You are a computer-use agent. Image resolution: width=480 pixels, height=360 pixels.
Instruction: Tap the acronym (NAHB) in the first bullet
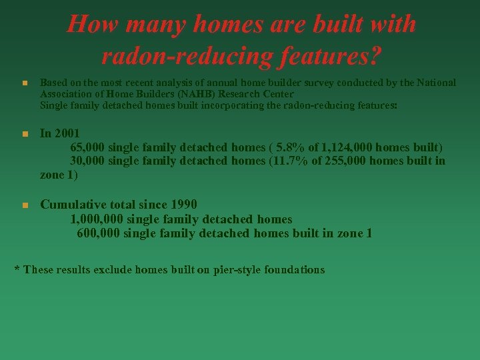coord(174,94)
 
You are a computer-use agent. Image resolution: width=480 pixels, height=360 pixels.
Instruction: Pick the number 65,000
coord(87,147)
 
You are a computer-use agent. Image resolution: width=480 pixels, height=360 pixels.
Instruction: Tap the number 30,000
coord(87,161)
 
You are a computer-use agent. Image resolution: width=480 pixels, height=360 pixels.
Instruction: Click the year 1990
coord(184,205)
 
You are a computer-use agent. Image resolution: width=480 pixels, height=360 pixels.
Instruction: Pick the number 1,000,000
coord(97,219)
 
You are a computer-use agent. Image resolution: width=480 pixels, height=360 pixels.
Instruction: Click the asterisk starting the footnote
coord(17,269)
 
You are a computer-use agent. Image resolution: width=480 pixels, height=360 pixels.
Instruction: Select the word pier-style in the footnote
coord(235,270)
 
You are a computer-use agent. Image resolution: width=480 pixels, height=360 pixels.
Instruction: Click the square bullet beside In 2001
coord(23,134)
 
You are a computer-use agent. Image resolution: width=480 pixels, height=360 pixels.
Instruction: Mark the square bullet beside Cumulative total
coord(23,205)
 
